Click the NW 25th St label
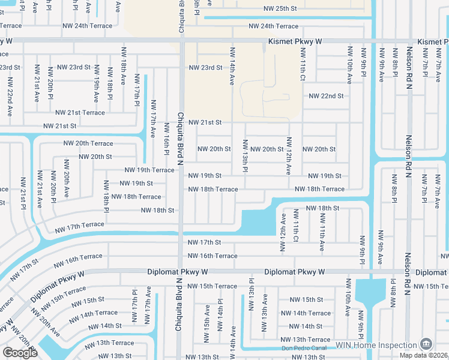pos(280,9)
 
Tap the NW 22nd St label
pos(326,96)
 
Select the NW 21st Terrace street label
pos(80,113)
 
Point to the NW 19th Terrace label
pos(149,170)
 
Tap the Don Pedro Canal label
pos(307,348)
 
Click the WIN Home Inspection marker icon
pos(426,344)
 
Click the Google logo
pos(20,353)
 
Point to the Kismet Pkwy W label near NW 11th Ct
pos(295,41)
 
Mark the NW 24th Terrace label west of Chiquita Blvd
pos(87,26)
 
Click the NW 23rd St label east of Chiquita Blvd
pos(205,68)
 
